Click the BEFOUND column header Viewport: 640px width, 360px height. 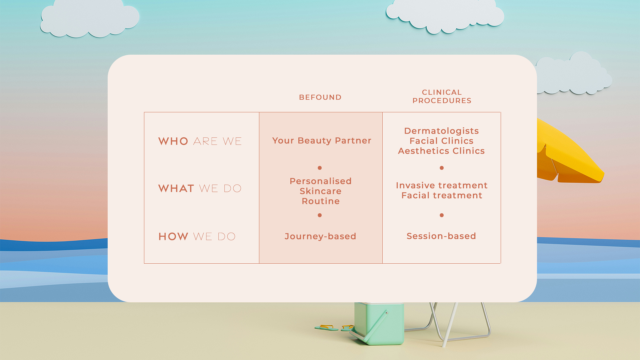pyautogui.click(x=320, y=97)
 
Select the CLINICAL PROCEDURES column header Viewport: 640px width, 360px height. pyautogui.click(x=442, y=96)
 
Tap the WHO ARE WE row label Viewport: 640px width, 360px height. pyautogui.click(x=200, y=141)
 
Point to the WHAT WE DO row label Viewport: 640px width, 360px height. pyautogui.click(x=200, y=188)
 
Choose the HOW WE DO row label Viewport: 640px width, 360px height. pyautogui.click(x=197, y=236)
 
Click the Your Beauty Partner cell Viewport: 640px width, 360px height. pyautogui.click(x=322, y=141)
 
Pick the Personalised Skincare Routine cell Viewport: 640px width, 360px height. pyautogui.click(x=321, y=191)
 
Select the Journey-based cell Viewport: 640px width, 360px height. pyautogui.click(x=320, y=236)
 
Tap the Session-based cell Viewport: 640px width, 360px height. pyautogui.click(x=441, y=236)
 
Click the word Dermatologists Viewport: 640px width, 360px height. pyautogui.click(x=441, y=131)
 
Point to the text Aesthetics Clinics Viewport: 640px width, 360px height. pyautogui.click(x=441, y=151)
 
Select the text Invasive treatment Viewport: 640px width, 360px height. pyautogui.click(x=442, y=185)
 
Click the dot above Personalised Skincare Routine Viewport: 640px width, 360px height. pyautogui.click(x=320, y=168)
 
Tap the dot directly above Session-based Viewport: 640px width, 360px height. pyautogui.click(x=442, y=215)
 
